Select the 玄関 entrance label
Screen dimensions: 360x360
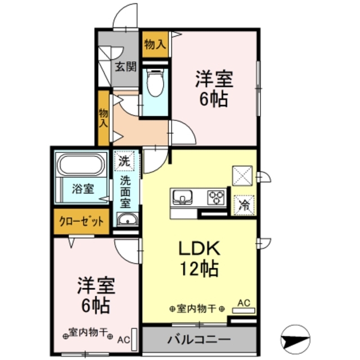tap(126, 67)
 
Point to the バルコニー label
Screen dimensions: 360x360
tap(198, 340)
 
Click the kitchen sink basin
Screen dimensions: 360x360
tap(183, 197)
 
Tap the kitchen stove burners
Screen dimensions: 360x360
tap(215, 197)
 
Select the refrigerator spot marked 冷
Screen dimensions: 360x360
tap(245, 204)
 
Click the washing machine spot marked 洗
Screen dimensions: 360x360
tap(124, 161)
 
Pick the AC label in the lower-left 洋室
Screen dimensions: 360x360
tap(123, 339)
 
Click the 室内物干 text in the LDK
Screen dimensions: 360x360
tap(197, 308)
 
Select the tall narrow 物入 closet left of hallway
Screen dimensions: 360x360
tap(103, 119)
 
